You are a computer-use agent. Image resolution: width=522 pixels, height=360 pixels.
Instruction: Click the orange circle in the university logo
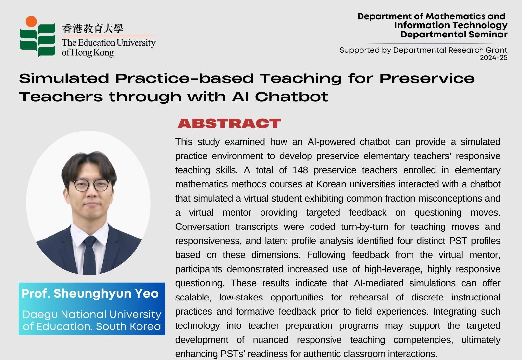(31, 21)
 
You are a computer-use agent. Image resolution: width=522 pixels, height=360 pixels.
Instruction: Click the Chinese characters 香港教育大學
(92, 28)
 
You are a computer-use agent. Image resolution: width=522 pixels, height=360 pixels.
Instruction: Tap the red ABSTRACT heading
(229, 123)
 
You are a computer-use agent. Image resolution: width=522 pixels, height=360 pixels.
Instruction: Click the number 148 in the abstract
(300, 170)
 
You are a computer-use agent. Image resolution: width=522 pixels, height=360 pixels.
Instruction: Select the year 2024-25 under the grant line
(493, 58)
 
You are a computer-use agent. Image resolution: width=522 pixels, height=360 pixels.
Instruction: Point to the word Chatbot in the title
(291, 97)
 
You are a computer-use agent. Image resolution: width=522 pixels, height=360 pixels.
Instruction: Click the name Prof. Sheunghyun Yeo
(90, 293)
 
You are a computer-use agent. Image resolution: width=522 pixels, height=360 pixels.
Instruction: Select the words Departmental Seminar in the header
(454, 35)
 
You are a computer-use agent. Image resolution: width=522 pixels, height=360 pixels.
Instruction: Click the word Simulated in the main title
(64, 78)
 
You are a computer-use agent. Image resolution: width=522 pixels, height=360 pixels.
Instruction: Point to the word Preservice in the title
(427, 78)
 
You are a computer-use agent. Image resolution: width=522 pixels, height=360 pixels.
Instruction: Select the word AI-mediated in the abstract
(379, 283)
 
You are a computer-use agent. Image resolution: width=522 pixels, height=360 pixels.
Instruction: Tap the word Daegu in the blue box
(40, 315)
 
